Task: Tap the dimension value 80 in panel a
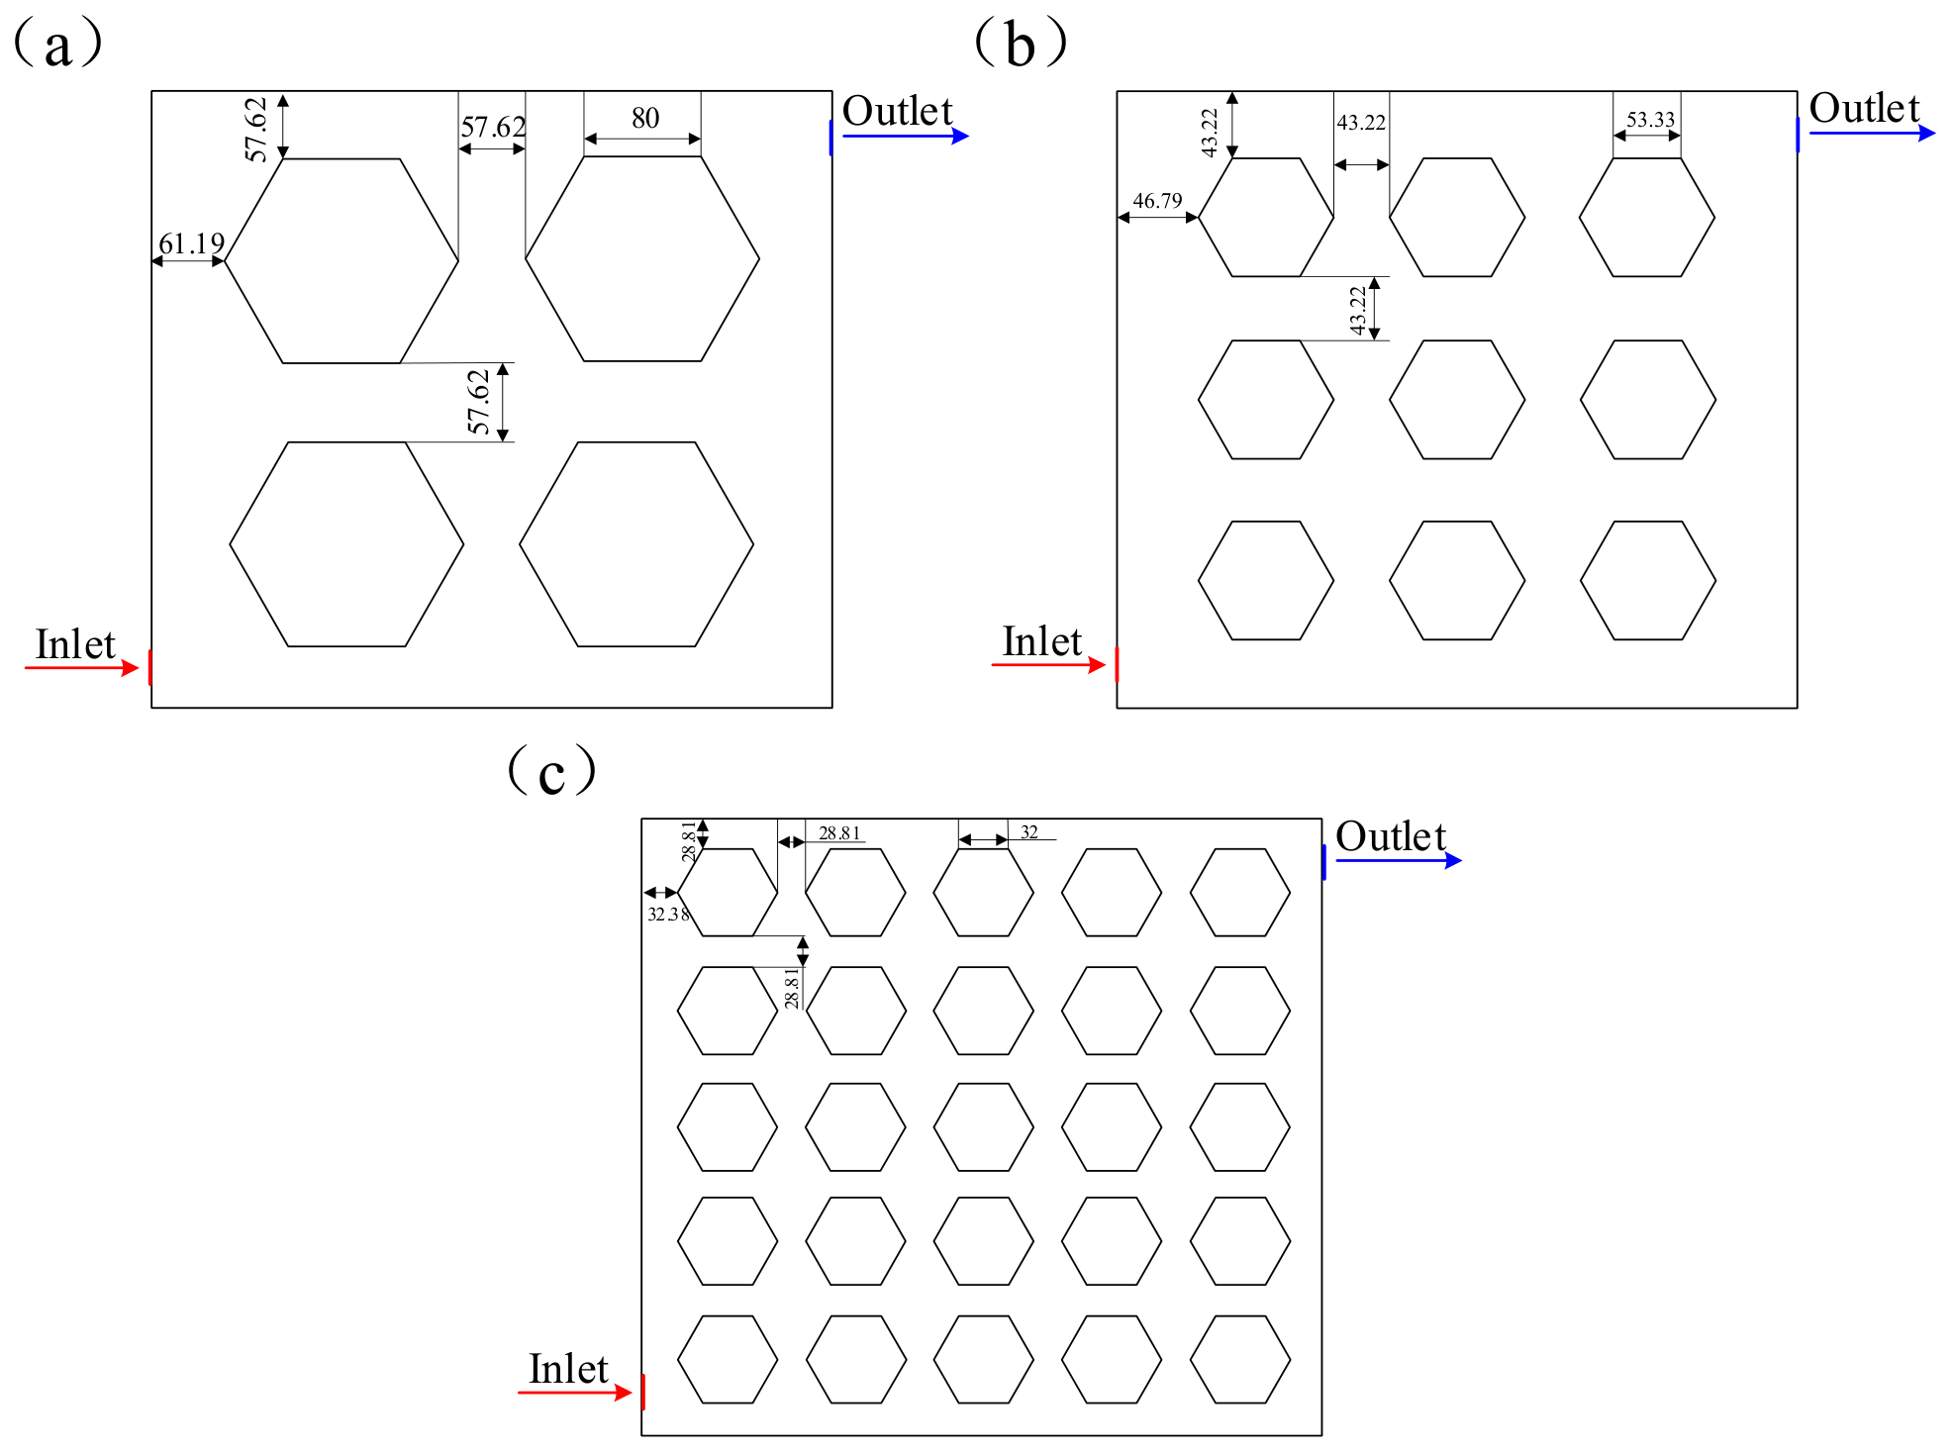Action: click(x=645, y=118)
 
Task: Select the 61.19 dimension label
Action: click(x=192, y=242)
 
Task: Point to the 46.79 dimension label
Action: click(x=1157, y=201)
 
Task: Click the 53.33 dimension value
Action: click(x=1651, y=120)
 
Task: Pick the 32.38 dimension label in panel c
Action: click(x=668, y=914)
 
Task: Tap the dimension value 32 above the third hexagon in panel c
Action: click(x=1029, y=832)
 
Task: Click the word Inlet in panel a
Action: click(x=75, y=644)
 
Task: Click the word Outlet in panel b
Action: click(x=1864, y=108)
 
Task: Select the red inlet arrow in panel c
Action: click(x=575, y=1393)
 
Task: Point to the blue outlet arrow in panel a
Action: click(x=906, y=136)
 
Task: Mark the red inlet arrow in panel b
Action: click(x=1048, y=665)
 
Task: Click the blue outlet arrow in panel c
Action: click(x=1399, y=860)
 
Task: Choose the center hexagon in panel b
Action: click(x=1457, y=400)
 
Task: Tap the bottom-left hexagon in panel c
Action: click(x=728, y=1359)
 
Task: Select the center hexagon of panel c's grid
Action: click(x=984, y=1127)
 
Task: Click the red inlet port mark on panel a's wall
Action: click(x=150, y=667)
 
